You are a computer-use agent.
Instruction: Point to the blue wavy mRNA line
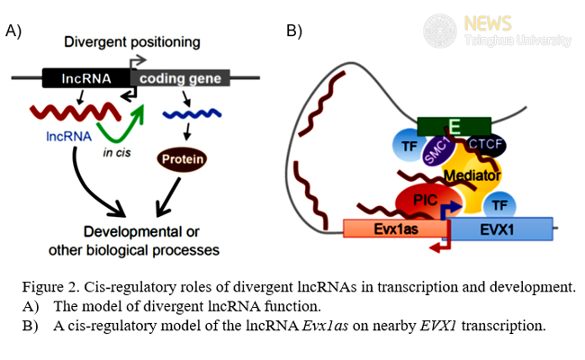[192, 114]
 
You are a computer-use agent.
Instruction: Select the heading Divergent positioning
[131, 42]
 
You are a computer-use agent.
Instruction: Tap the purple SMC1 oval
[438, 147]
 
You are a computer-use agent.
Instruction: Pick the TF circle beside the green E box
[407, 144]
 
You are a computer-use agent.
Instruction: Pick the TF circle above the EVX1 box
[500, 201]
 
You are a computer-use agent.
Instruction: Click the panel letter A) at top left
[13, 31]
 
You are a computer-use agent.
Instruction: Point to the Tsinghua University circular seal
[440, 31]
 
